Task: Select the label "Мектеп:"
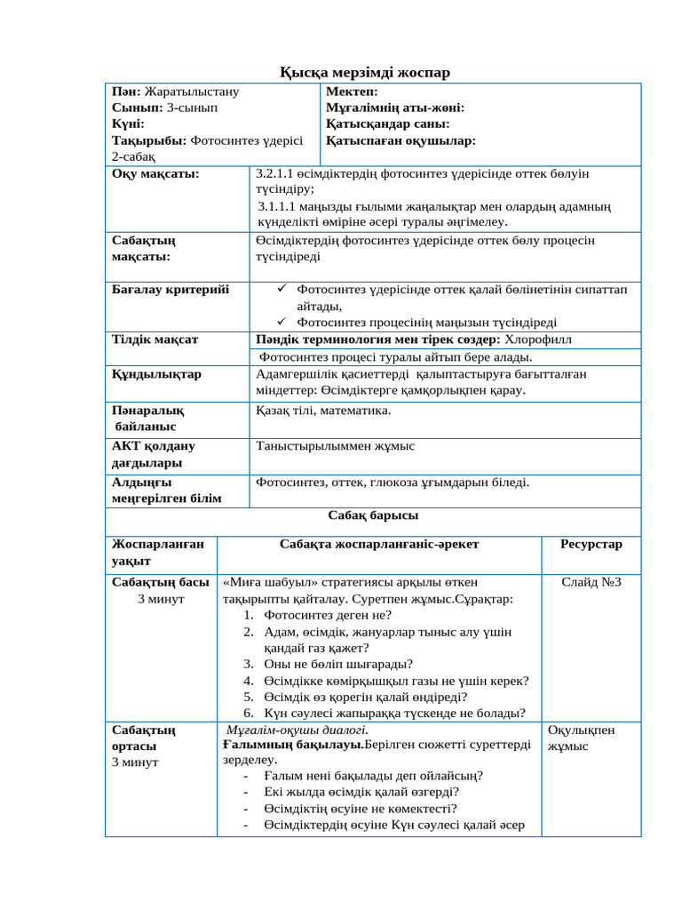point(352,92)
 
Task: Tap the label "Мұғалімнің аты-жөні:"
point(395,108)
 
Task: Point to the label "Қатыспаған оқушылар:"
point(400,140)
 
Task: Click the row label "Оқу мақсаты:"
point(155,173)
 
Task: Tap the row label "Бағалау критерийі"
point(170,289)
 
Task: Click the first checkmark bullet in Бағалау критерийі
point(280,289)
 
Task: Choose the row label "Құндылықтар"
point(156,373)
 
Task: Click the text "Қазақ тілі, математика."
point(323,410)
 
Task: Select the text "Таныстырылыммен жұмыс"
point(335,445)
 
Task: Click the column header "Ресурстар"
point(591,544)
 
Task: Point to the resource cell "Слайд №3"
point(591,582)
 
